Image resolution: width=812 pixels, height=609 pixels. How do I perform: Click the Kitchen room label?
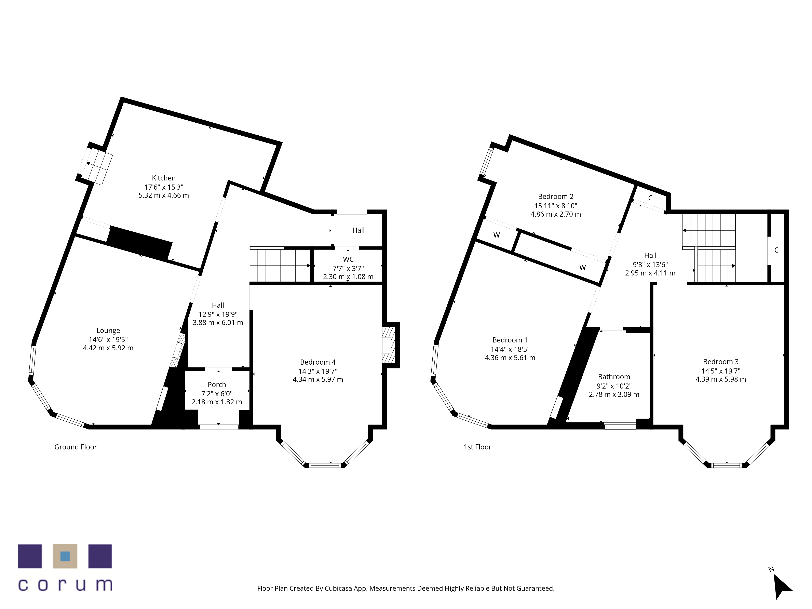[164, 178]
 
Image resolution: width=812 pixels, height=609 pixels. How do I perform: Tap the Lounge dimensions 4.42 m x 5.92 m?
[108, 348]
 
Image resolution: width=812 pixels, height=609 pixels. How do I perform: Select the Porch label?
[217, 385]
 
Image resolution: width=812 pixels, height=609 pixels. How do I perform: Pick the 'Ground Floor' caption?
[76, 447]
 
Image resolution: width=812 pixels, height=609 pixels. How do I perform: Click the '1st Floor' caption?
[478, 447]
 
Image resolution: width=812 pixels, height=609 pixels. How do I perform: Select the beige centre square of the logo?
[65, 556]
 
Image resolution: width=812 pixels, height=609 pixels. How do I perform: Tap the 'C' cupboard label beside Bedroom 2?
[650, 198]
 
